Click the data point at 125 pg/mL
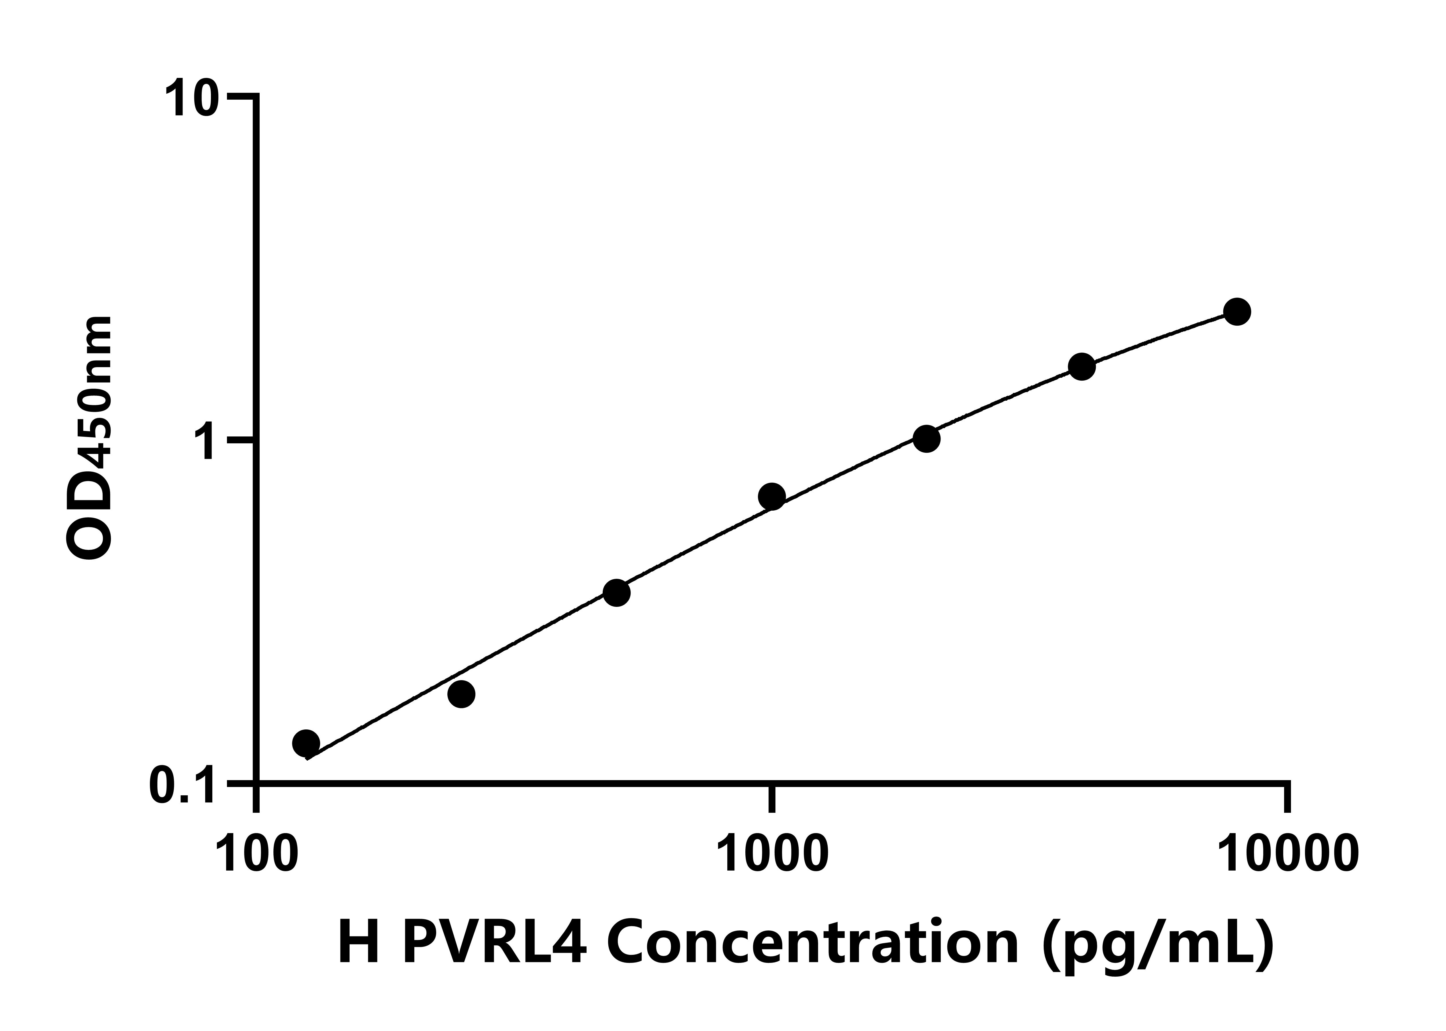306,743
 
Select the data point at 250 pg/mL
461,694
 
